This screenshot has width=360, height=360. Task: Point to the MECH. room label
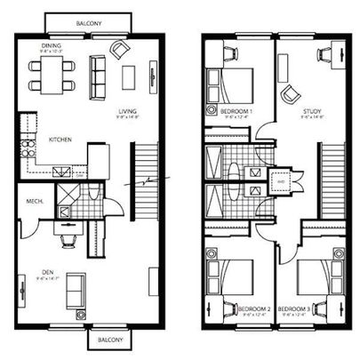[36, 200]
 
